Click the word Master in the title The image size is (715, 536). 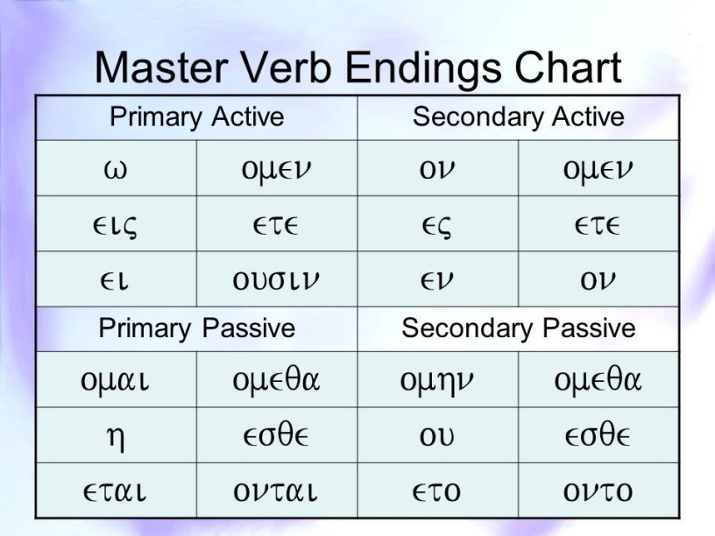tap(161, 67)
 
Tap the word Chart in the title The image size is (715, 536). tap(568, 67)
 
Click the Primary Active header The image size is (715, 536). tap(197, 117)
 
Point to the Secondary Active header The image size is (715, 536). tap(519, 116)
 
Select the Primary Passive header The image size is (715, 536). tap(197, 328)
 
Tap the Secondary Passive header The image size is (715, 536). tap(519, 328)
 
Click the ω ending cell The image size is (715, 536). tap(116, 170)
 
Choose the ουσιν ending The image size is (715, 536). tap(276, 280)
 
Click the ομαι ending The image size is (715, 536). tap(115, 381)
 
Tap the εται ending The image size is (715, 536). tap(115, 491)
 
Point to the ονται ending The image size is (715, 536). tap(275, 491)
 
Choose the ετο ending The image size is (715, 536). tap(437, 491)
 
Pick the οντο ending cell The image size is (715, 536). tap(598, 491)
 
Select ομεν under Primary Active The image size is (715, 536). tap(276, 171)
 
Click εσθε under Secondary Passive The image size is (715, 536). tap(598, 434)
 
